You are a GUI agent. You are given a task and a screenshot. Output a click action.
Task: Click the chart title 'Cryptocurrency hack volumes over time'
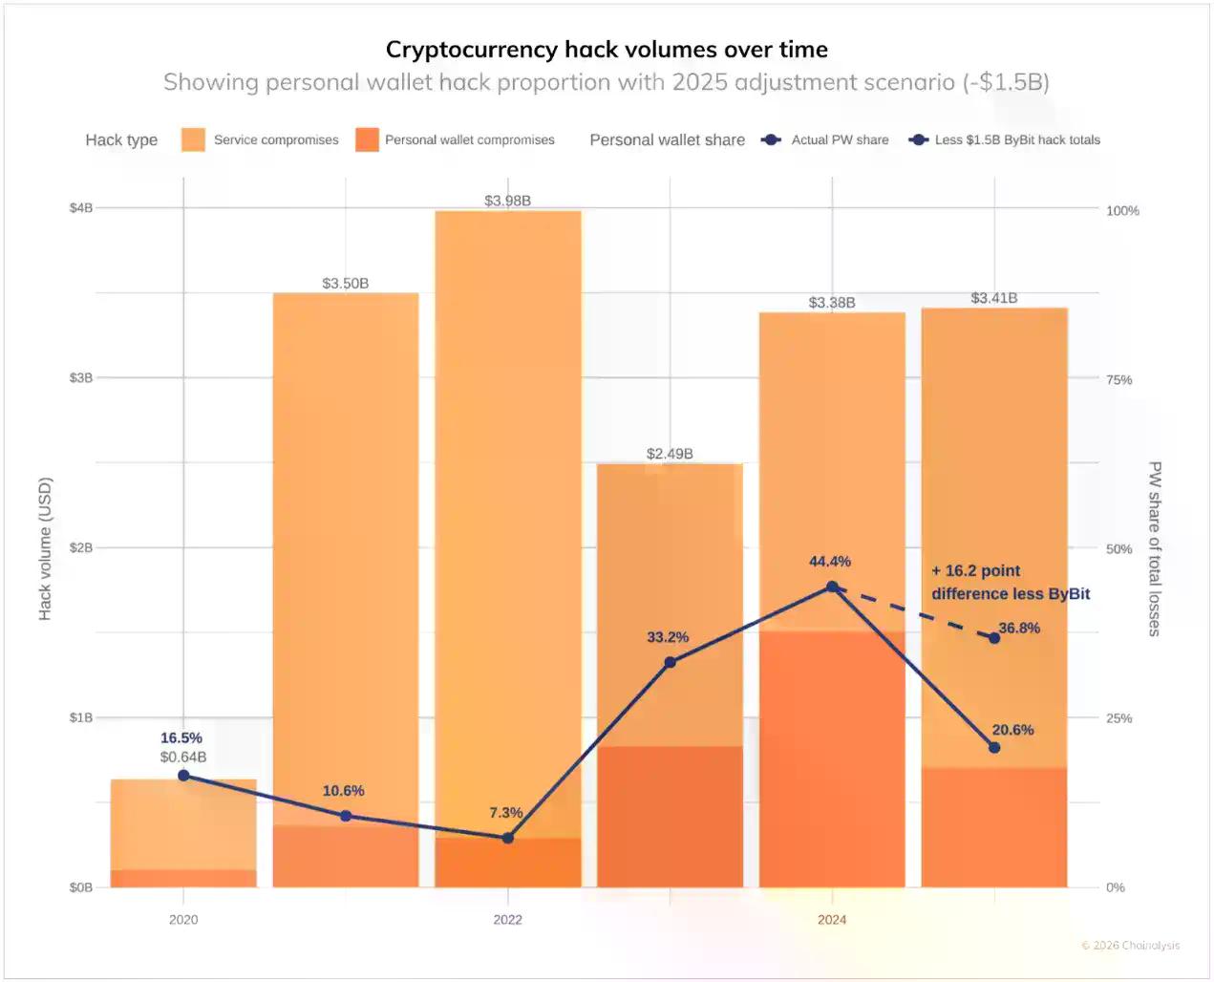[x=607, y=50]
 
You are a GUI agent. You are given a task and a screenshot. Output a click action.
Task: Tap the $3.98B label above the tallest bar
[x=507, y=201]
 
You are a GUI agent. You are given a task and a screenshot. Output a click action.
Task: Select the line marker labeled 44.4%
[x=832, y=587]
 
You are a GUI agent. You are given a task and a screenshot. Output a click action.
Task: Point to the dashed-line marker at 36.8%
[x=994, y=637]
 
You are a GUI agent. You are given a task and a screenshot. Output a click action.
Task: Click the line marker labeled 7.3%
[x=508, y=838]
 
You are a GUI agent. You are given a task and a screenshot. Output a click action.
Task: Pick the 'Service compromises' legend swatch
[x=193, y=139]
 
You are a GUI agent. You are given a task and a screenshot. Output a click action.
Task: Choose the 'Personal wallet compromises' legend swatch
[x=367, y=139]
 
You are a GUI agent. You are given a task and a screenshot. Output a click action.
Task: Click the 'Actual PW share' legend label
[x=840, y=139]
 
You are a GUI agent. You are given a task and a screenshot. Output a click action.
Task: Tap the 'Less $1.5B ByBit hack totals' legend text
[x=1017, y=139]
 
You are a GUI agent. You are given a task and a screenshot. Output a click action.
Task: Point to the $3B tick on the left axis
[x=81, y=377]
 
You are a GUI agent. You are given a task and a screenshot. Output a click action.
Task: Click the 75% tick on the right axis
[x=1118, y=379]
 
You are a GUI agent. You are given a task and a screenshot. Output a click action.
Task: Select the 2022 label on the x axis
[x=507, y=919]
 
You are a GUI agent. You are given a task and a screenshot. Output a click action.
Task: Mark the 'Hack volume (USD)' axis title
[x=45, y=548]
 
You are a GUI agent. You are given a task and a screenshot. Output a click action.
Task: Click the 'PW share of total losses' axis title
[x=1154, y=548]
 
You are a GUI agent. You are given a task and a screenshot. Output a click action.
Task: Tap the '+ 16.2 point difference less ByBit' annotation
[x=1010, y=582]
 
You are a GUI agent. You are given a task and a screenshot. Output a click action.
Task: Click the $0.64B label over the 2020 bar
[x=183, y=757]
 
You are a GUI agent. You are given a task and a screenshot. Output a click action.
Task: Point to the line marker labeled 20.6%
[x=994, y=747]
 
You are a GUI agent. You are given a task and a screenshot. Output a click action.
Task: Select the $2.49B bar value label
[x=670, y=454]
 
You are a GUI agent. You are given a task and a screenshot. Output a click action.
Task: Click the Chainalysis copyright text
[x=1130, y=946]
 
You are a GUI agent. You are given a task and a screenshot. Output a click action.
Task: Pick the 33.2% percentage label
[x=668, y=637]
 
